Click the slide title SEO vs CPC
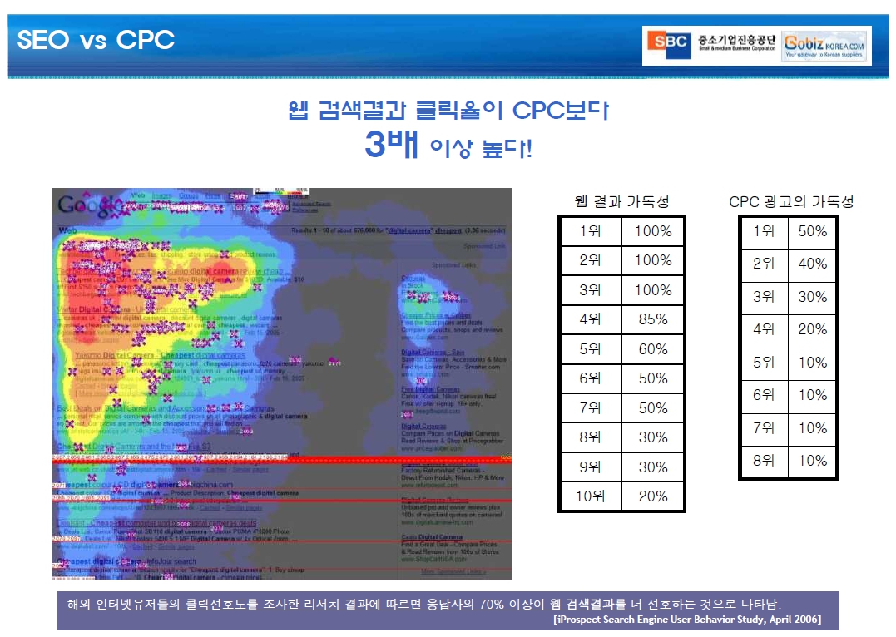(96, 40)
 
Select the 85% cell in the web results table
(653, 319)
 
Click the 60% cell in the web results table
(653, 349)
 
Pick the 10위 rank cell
(590, 496)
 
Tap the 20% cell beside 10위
(653, 496)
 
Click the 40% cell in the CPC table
(812, 264)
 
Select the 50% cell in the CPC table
(812, 231)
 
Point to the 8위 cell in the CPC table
(764, 461)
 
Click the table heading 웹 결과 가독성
(621, 201)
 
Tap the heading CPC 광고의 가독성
(790, 201)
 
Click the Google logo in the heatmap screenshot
(84, 205)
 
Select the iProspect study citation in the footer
(687, 620)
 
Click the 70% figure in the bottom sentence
(494, 604)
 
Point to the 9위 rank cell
(590, 467)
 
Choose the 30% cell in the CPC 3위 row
(812, 297)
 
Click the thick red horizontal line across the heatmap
(281, 458)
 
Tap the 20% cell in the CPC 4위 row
(812, 329)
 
